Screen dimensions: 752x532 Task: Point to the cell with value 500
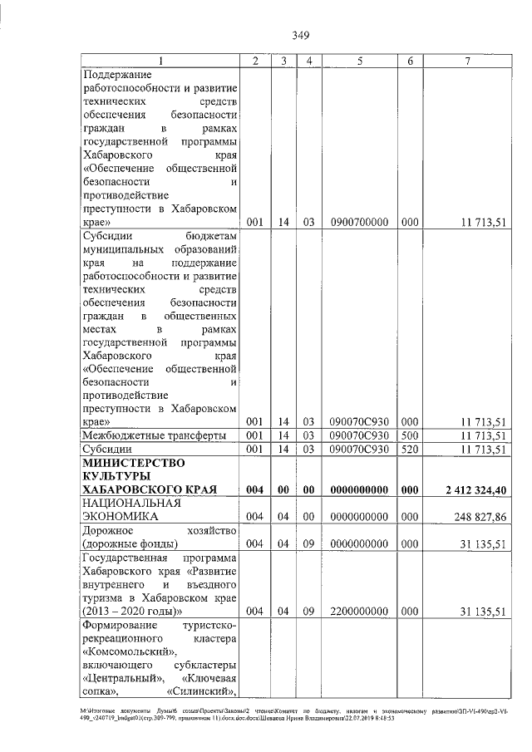(x=409, y=435)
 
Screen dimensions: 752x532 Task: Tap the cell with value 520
(x=409, y=450)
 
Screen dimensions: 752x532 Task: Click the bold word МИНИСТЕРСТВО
(x=132, y=462)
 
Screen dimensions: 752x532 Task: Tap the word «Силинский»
(x=203, y=691)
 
